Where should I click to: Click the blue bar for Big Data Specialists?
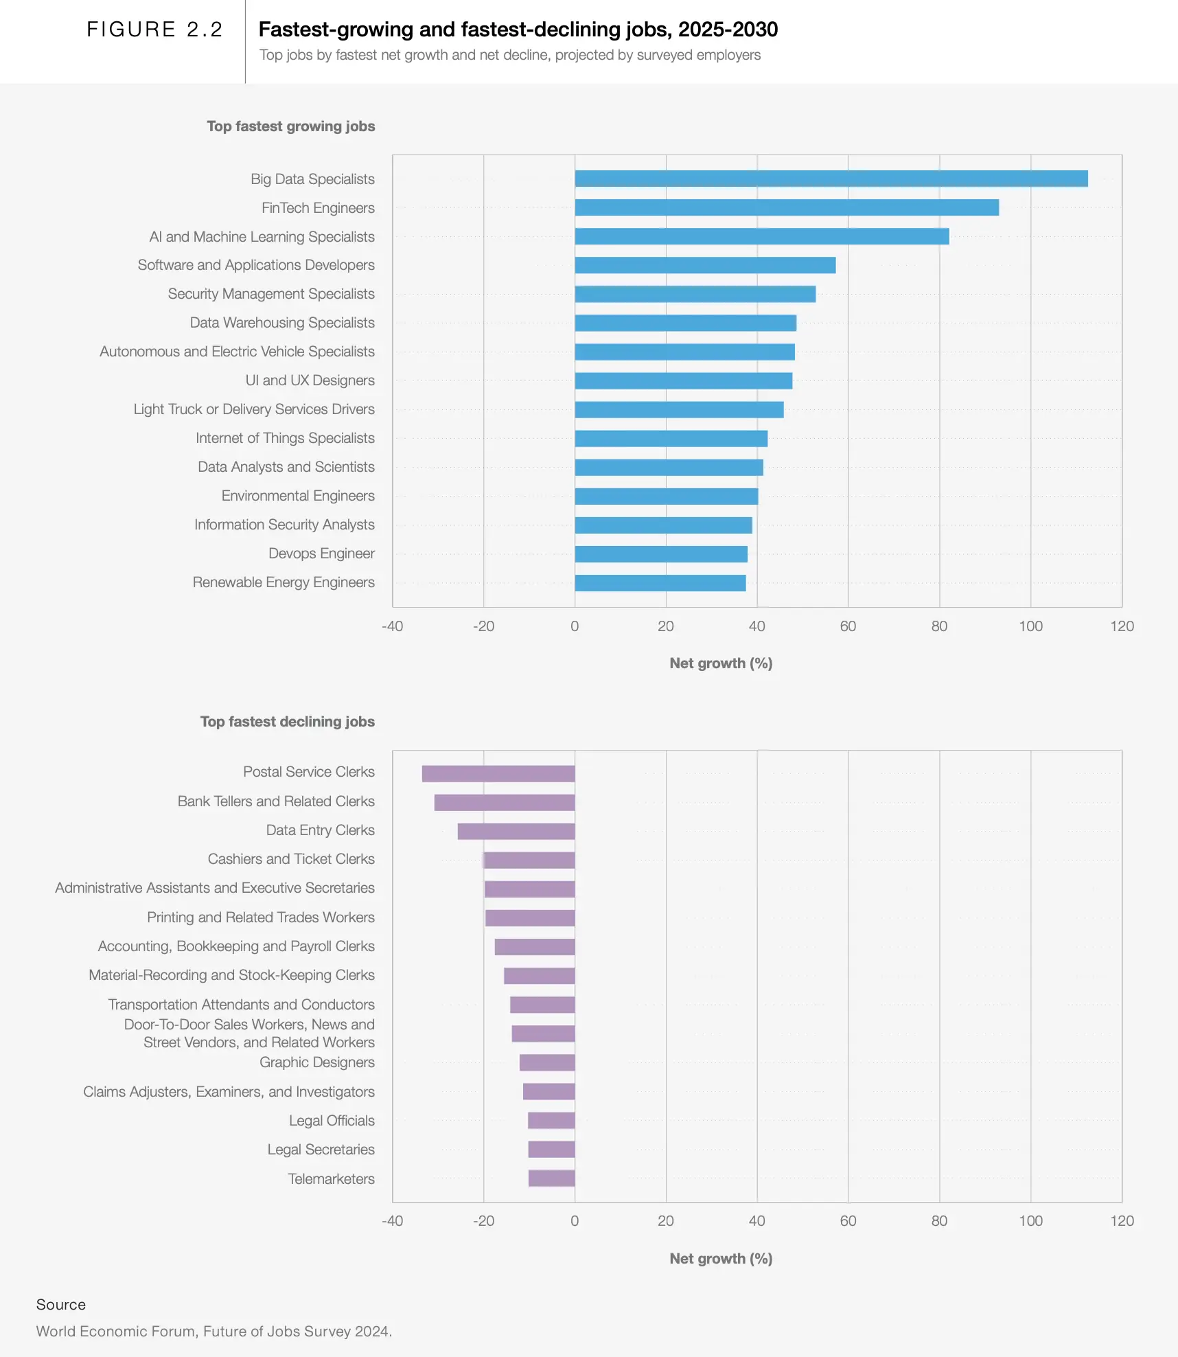click(x=831, y=179)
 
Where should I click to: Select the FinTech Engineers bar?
click(x=787, y=207)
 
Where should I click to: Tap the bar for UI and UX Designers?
click(x=683, y=380)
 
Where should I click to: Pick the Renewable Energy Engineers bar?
click(x=660, y=583)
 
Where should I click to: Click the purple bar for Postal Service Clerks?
click(x=498, y=773)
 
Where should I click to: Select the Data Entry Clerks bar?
click(x=516, y=831)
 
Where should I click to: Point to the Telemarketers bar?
click(x=551, y=1178)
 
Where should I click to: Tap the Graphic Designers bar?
click(x=547, y=1062)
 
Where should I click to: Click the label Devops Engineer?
click(x=321, y=554)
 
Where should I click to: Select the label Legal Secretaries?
click(x=321, y=1150)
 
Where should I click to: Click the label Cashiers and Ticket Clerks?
click(x=291, y=859)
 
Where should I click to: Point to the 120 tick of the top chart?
click(x=1122, y=626)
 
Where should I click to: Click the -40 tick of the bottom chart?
click(x=393, y=1221)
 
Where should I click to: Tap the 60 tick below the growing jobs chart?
click(x=848, y=626)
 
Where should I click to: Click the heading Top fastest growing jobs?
click(x=291, y=126)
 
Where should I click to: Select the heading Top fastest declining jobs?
click(x=288, y=722)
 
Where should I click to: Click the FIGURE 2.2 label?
click(x=154, y=30)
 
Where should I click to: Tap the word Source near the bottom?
click(x=61, y=1305)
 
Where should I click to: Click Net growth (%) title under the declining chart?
click(x=721, y=1259)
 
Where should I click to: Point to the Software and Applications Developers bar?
click(x=705, y=265)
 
